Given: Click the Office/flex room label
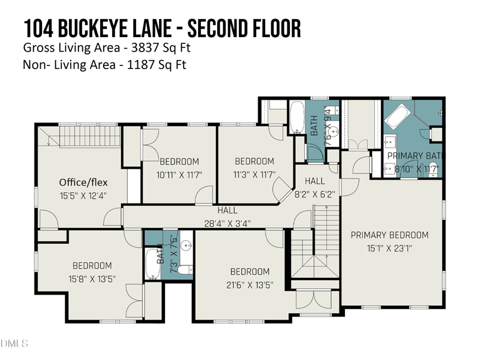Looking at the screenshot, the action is pos(83,182).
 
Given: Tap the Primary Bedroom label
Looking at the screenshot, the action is pos(389,235).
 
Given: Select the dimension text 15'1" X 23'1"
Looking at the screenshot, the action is pos(389,248).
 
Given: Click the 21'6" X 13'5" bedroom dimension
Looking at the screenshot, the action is pos(250,285).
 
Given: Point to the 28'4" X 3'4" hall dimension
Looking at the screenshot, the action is pos(227,223).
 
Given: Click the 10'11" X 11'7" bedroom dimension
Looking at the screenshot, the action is pos(179,175).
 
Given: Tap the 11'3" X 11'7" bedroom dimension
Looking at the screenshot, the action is pos(254,175).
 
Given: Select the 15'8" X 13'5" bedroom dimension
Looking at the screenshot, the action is pos(92,279).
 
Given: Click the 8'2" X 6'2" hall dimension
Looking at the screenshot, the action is pos(314,194).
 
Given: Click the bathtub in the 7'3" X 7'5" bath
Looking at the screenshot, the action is pos(152,264).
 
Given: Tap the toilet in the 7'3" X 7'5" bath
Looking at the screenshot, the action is pos(185,269).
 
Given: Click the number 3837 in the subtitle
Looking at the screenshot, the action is pos(144,47).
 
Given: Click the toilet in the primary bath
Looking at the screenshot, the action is pos(433,174).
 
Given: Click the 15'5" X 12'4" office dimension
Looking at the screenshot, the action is pos(83,196).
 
